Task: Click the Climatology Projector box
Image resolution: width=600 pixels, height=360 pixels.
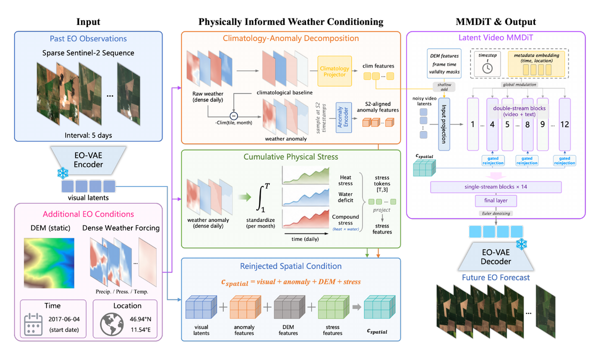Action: (334, 71)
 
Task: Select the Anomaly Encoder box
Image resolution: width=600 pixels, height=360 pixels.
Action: (343, 117)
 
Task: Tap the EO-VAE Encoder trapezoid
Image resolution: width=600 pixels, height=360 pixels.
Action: (88, 160)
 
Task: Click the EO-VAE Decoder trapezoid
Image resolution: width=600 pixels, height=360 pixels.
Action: (496, 256)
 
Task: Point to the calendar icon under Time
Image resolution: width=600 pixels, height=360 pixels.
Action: (33, 324)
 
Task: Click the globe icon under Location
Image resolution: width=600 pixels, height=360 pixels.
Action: (111, 324)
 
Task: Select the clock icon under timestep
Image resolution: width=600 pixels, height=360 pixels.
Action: (487, 68)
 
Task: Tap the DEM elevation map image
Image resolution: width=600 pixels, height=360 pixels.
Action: (49, 263)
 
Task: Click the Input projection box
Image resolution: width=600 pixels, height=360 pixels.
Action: (444, 124)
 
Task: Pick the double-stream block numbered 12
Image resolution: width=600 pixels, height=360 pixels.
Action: (564, 124)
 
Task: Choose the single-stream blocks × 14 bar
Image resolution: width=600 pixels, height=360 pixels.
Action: (496, 187)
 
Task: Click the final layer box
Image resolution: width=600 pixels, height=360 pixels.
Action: (496, 200)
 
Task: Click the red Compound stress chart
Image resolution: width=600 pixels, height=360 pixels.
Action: (305, 218)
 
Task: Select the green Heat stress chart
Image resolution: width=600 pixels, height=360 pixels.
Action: (305, 175)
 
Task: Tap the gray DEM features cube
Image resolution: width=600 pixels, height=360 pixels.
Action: (289, 307)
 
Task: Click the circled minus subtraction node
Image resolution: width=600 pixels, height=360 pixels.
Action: (233, 116)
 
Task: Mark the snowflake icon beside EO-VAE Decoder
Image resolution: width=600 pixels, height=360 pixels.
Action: (521, 244)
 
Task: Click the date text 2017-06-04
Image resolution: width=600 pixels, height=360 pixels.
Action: (64, 319)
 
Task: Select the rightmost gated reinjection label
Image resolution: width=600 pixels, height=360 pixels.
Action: (564, 160)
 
